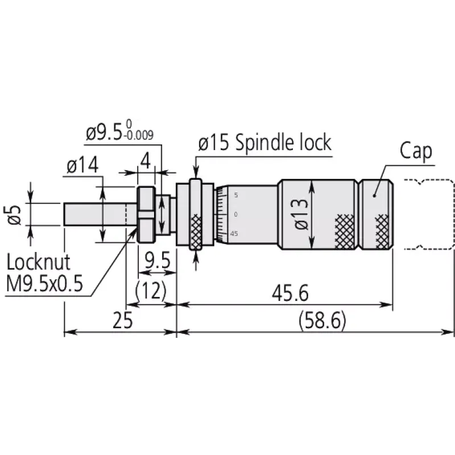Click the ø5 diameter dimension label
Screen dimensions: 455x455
tap(14, 215)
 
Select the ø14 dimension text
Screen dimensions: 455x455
tap(82, 166)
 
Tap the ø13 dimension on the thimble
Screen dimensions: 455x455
tap(301, 214)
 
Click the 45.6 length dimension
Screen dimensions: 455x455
tap(290, 293)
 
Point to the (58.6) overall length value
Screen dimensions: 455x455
tap(322, 320)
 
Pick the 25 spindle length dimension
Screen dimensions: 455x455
tap(122, 320)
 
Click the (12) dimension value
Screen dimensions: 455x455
tap(151, 291)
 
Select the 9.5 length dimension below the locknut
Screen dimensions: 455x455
tap(158, 260)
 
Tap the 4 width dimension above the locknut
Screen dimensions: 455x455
tap(146, 161)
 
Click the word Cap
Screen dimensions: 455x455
tap(416, 151)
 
